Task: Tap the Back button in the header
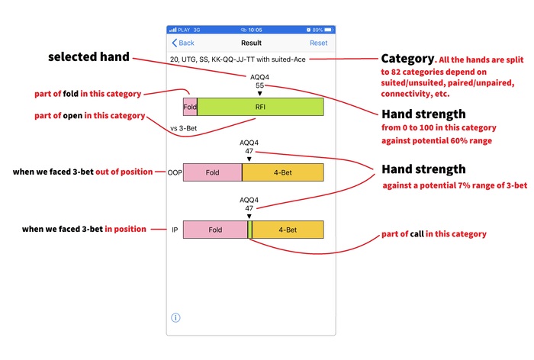pyautogui.click(x=183, y=43)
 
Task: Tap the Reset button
pyautogui.click(x=318, y=43)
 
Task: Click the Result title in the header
pyautogui.click(x=251, y=43)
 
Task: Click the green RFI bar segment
pyautogui.click(x=260, y=107)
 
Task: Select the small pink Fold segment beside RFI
pyautogui.click(x=190, y=107)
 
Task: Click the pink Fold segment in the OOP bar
pyautogui.click(x=212, y=172)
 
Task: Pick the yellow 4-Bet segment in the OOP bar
pyautogui.click(x=282, y=172)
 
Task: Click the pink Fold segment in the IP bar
pyautogui.click(x=215, y=230)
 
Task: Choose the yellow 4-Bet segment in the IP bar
pyautogui.click(x=287, y=230)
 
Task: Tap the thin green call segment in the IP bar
pyautogui.click(x=249, y=230)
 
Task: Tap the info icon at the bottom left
pyautogui.click(x=175, y=317)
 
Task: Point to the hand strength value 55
pyautogui.click(x=259, y=85)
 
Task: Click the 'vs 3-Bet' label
pyautogui.click(x=185, y=128)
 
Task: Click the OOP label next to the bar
pyautogui.click(x=175, y=172)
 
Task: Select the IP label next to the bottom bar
pyautogui.click(x=175, y=230)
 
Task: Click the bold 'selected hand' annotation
pyautogui.click(x=88, y=57)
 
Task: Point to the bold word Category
pyautogui.click(x=407, y=58)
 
